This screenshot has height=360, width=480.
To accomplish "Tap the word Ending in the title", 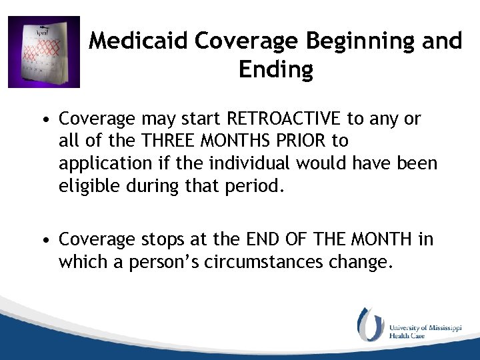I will pos(275,69).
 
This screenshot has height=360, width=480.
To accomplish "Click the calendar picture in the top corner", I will pos(44,52).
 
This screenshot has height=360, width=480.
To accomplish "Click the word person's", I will pos(175,262).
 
